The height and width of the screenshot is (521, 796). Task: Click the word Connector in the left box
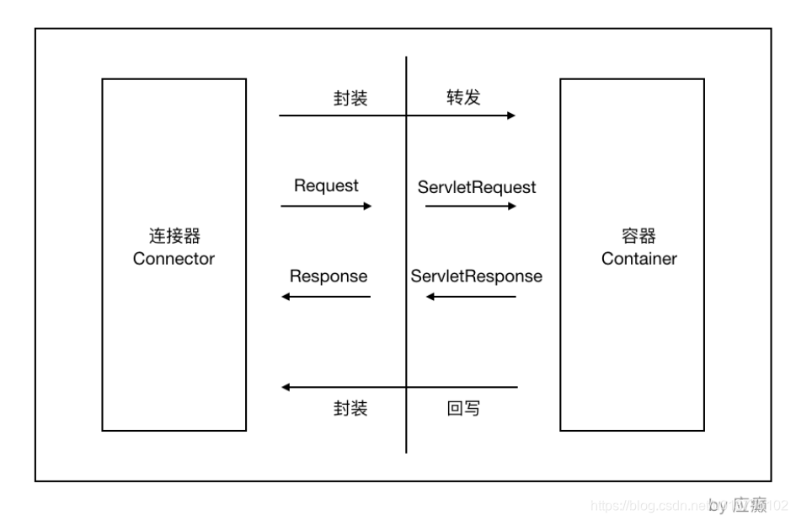[174, 259]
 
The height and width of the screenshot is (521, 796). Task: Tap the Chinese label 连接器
[174, 235]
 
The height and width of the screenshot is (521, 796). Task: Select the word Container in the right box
[638, 259]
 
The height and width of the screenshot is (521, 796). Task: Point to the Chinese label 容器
[638, 235]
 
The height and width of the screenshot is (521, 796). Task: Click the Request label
[326, 185]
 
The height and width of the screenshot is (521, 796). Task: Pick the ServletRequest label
[477, 187]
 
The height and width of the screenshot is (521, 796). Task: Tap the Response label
[328, 277]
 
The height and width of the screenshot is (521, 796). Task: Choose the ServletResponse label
[477, 277]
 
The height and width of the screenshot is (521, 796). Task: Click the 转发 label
[463, 98]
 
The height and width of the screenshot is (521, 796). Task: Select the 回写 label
[463, 409]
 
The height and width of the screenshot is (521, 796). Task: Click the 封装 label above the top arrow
[350, 98]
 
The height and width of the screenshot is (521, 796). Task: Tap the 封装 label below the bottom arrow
[350, 409]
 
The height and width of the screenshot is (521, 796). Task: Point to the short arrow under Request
[326, 205]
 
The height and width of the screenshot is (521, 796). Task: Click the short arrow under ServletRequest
[470, 205]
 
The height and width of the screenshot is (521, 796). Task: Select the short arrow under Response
[326, 297]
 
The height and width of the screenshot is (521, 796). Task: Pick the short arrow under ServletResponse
[470, 297]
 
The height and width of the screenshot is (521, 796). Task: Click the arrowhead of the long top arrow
[510, 115]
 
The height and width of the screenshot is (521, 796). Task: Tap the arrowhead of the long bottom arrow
[286, 388]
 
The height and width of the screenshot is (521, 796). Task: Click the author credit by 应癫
[738, 505]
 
